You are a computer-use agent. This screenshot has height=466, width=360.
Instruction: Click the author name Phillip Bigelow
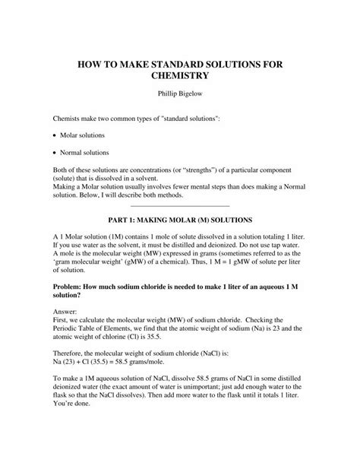pyautogui.click(x=179, y=98)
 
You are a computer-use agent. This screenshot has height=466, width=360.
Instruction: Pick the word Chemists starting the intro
pyautogui.click(x=67, y=120)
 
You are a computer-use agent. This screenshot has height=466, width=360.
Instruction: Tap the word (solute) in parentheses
pyautogui.click(x=68, y=176)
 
